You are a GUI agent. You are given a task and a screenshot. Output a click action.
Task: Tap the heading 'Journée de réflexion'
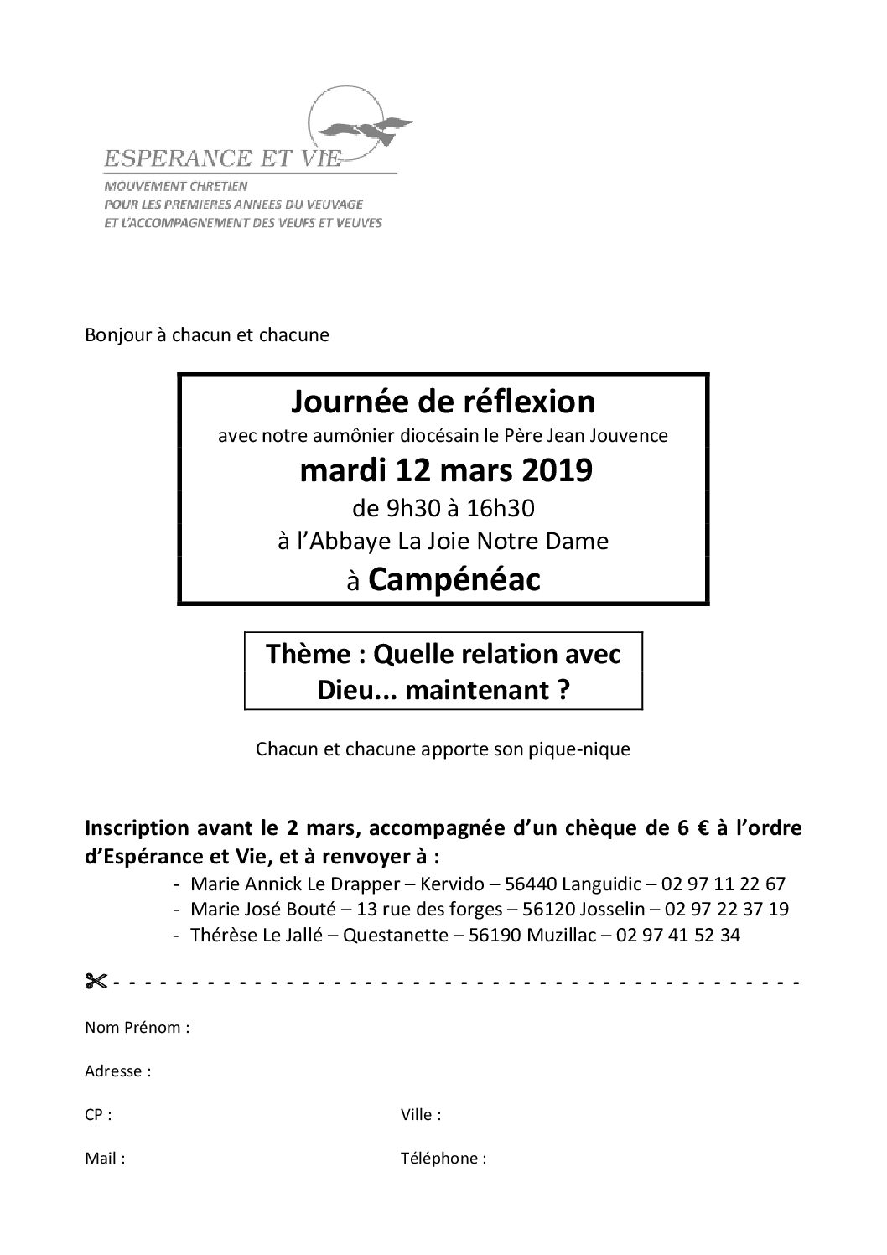coord(443,402)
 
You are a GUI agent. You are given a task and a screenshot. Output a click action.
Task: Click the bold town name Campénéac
coord(454,581)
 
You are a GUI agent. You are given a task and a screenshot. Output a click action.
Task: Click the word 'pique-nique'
coord(587,749)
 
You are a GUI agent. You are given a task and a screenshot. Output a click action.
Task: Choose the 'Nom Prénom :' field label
coord(137,1028)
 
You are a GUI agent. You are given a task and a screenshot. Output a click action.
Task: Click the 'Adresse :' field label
coord(118,1071)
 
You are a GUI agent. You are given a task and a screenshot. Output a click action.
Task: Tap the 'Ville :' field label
coord(422,1115)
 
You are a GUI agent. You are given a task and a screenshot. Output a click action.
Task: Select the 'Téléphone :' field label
coord(444,1159)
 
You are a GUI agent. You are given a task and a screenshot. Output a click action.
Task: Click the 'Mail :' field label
coord(105,1159)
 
